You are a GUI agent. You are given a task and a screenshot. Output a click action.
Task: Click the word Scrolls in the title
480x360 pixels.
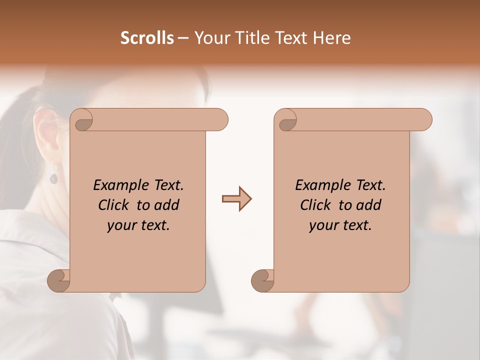point(147,38)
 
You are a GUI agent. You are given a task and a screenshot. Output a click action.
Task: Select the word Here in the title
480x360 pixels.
point(331,38)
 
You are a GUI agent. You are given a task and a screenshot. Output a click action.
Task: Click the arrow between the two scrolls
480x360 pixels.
point(236,199)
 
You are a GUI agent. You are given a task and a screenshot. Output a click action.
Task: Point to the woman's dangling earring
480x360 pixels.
point(53,176)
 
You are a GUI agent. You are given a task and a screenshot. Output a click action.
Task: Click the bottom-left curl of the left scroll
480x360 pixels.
point(58,281)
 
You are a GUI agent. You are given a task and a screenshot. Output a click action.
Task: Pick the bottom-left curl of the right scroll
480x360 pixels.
point(262,281)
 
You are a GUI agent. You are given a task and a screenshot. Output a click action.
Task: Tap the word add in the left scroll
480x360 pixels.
point(167,205)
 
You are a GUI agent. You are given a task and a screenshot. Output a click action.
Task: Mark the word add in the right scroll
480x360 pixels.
point(369,205)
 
